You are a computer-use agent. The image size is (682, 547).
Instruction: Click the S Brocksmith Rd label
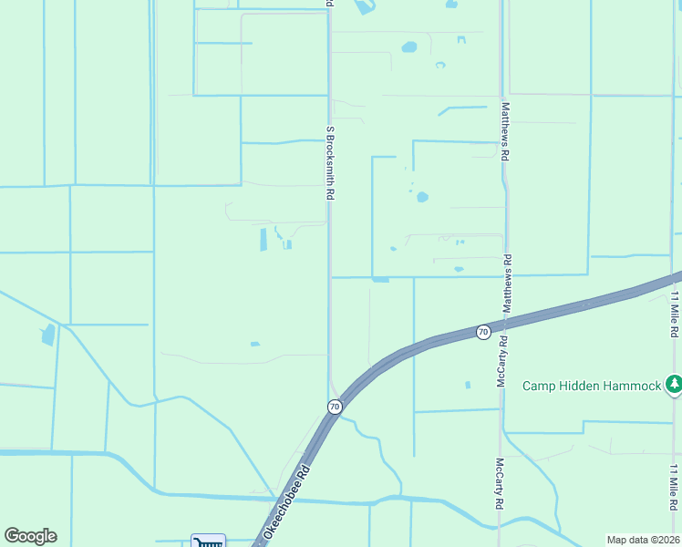pos(332,162)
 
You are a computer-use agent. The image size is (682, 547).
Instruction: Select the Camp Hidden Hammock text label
pos(591,386)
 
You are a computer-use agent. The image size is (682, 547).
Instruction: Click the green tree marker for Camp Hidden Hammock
pos(674,384)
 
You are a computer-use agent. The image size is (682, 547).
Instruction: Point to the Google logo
pos(30,536)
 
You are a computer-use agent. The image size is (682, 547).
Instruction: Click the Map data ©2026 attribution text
pos(644,540)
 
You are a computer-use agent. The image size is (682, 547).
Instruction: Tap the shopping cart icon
pos(208,542)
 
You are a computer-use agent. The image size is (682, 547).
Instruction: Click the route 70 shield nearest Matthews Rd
pos(483,332)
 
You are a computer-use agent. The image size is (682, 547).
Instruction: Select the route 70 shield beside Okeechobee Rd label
pos(335,407)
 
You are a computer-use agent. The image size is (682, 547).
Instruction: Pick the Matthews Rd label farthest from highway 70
pos(503,131)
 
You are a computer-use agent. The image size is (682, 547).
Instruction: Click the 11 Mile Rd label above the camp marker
pos(676,315)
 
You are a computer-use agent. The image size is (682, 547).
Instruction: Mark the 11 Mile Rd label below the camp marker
pos(674,487)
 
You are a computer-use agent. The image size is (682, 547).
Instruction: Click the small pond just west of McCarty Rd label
pos(468,385)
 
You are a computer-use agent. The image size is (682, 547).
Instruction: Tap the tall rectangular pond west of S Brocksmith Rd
pos(263,240)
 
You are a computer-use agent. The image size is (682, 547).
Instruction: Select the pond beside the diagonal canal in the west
pos(47,335)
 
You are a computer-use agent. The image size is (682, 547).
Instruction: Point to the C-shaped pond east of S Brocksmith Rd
pos(440,66)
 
